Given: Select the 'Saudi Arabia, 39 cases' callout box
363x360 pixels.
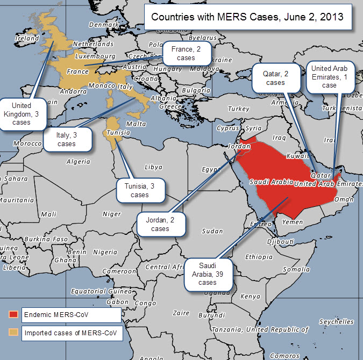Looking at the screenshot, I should point(208,274).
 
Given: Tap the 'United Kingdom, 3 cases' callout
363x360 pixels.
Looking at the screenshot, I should point(22,114).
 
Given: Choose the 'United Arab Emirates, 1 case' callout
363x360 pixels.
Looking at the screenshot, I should point(329,76).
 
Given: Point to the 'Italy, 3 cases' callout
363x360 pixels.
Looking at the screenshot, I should point(66,139).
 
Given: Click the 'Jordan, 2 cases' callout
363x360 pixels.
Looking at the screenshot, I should point(160,224).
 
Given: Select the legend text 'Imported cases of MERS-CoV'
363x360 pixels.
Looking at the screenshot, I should point(72,333).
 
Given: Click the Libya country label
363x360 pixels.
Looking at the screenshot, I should point(153,167).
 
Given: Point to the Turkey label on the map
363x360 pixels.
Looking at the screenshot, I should point(238,109).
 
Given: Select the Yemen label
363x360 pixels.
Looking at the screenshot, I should point(293,221).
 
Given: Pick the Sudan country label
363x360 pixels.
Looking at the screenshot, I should point(212,231).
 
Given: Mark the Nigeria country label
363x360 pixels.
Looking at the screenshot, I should point(105,252).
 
